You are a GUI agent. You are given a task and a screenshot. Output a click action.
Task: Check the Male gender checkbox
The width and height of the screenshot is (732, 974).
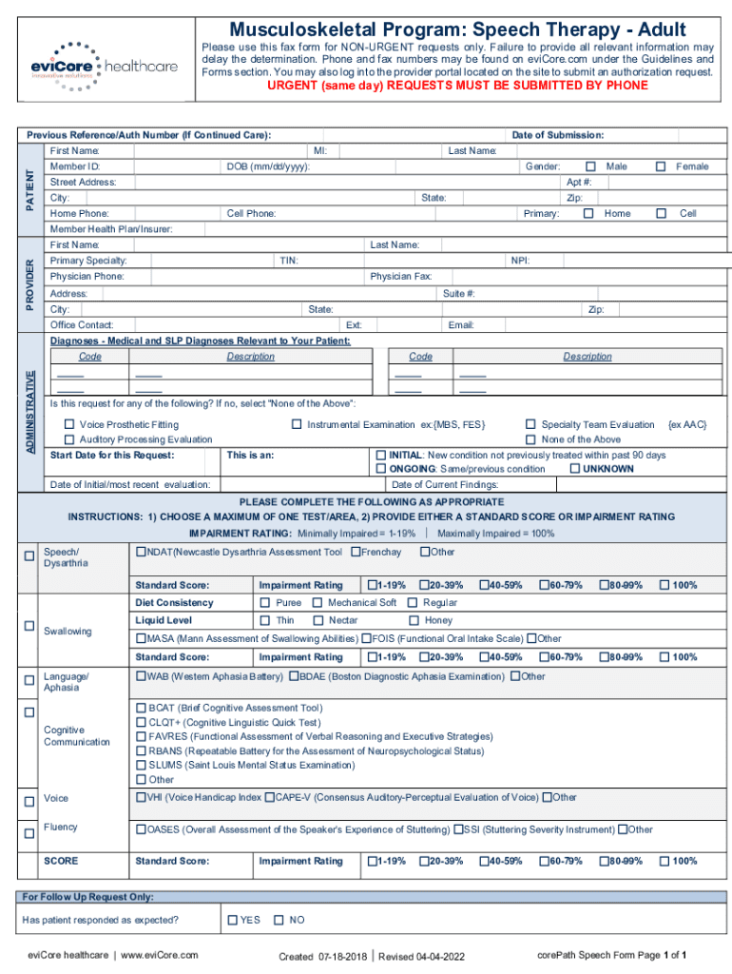click(x=590, y=166)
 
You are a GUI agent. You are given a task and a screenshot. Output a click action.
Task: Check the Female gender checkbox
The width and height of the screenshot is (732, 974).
click(x=661, y=166)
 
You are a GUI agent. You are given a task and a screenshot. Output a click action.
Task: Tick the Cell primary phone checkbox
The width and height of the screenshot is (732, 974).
click(x=661, y=214)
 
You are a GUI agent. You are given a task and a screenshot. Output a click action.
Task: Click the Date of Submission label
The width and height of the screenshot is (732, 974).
click(x=557, y=135)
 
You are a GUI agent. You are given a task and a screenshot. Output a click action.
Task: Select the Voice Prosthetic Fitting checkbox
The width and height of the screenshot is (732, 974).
click(x=69, y=424)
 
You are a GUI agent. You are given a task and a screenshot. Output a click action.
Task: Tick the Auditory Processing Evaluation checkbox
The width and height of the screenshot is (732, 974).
click(x=69, y=439)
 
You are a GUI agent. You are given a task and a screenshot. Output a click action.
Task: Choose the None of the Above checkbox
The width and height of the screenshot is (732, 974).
click(x=530, y=439)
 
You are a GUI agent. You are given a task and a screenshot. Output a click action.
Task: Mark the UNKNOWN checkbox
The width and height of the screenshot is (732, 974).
click(x=573, y=469)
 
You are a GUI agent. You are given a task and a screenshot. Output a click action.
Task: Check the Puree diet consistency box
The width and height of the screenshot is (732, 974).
click(x=265, y=602)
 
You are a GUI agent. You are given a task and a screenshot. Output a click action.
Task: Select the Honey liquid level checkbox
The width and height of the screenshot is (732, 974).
click(x=413, y=620)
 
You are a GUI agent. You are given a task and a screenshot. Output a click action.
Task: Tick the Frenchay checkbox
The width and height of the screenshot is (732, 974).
click(x=356, y=552)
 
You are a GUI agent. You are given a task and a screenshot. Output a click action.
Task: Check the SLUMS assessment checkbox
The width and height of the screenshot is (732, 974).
click(x=141, y=765)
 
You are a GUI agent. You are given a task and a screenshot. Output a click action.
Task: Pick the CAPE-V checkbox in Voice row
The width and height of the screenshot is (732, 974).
click(x=270, y=797)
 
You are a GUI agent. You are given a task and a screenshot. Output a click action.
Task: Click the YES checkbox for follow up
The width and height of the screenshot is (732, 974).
click(x=231, y=920)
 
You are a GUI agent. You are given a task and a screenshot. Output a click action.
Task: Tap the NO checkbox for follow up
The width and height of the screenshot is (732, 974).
click(x=279, y=920)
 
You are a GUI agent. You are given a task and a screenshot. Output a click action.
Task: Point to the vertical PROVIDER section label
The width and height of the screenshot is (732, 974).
click(x=30, y=284)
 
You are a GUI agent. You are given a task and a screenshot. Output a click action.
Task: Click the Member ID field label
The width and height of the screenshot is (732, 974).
click(x=75, y=166)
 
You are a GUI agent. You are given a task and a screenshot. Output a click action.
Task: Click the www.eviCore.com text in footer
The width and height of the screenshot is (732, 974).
click(x=160, y=954)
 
